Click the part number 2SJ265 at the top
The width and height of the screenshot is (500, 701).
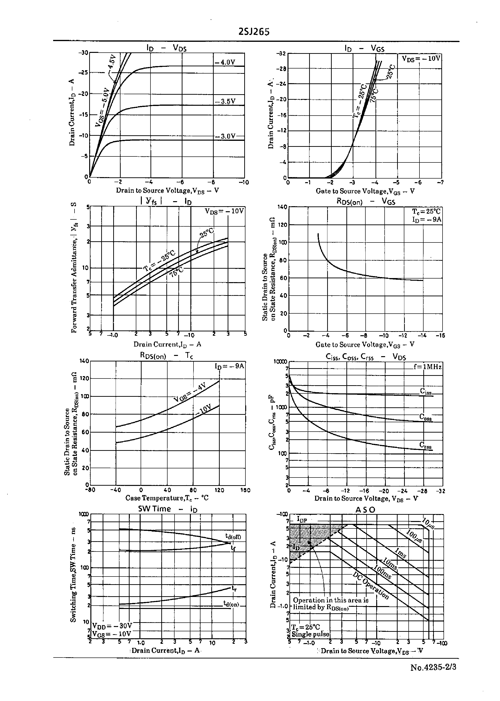coord(254,32)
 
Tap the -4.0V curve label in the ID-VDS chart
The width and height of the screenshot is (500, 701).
coord(225,62)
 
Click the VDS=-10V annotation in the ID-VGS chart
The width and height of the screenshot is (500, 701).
coord(421,58)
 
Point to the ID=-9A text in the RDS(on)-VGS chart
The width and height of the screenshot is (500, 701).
coord(426,219)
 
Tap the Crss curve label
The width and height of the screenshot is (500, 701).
coord(425,445)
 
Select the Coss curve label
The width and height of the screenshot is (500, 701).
coord(425,417)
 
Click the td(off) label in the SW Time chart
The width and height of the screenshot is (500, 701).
coord(233,537)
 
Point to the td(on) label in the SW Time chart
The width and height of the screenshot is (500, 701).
coord(231,604)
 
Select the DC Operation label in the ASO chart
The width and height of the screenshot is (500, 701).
coord(371,586)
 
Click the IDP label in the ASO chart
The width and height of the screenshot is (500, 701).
coord(302,519)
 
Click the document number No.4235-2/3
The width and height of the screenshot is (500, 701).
coord(433,667)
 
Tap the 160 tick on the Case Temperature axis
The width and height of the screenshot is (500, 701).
coord(245,490)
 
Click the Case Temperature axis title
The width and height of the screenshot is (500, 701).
coord(167,498)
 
